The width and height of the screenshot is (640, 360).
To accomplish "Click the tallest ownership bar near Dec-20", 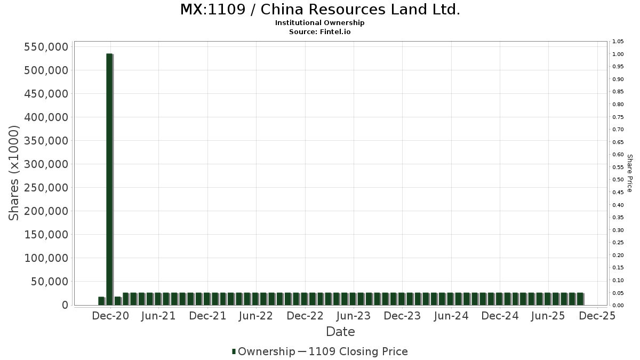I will point(109,179).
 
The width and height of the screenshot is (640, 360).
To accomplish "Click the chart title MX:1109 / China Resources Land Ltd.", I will point(320,10).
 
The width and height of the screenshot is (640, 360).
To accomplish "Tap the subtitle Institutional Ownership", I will point(320,23).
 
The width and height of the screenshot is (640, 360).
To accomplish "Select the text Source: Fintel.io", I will point(320,32).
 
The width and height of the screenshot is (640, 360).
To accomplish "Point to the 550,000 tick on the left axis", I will point(46,47).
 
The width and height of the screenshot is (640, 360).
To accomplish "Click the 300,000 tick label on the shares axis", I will point(46,164).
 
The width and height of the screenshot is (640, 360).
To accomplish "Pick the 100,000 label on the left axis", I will point(46,258).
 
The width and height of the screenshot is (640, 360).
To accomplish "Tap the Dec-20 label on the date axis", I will point(110,316).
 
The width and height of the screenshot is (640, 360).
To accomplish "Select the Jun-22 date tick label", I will point(256,316).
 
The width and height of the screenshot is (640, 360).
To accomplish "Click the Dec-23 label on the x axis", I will point(403,316).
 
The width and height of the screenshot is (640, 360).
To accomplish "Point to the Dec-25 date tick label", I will point(597,316).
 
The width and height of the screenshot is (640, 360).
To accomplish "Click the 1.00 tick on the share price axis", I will point(618,54).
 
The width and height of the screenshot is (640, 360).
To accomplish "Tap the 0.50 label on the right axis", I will point(618,180).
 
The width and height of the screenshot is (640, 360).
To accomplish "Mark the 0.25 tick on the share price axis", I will point(618,243).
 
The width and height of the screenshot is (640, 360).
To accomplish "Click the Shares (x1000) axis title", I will point(14,173).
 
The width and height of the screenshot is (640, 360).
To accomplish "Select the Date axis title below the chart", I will point(340,332).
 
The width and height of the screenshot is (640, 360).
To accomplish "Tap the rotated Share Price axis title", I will point(629,173).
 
